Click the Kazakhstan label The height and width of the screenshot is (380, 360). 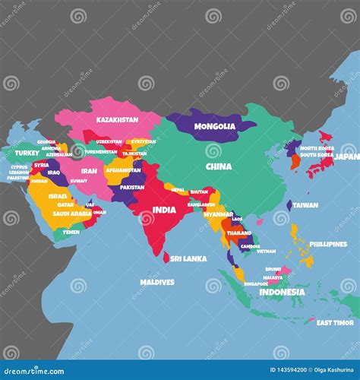click(x=117, y=119)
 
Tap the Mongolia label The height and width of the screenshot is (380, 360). click(x=215, y=126)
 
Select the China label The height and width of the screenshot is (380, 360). click(x=219, y=166)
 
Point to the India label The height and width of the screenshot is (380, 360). click(x=164, y=210)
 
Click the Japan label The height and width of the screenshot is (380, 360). click(x=347, y=156)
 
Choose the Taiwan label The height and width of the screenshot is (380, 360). click(x=305, y=205)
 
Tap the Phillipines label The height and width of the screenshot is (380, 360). click(x=328, y=244)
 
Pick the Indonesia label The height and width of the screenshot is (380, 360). click(x=282, y=292)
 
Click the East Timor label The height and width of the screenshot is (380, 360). click(x=334, y=322)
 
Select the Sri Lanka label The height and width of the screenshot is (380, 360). click(x=188, y=258)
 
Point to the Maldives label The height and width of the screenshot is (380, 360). click(x=157, y=282)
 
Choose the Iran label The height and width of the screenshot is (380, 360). click(x=90, y=171)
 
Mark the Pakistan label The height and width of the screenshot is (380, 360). click(x=131, y=187)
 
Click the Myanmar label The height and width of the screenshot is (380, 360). click(x=218, y=214)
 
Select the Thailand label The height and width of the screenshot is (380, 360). click(x=238, y=233)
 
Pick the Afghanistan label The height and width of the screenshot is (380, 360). click(x=124, y=170)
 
